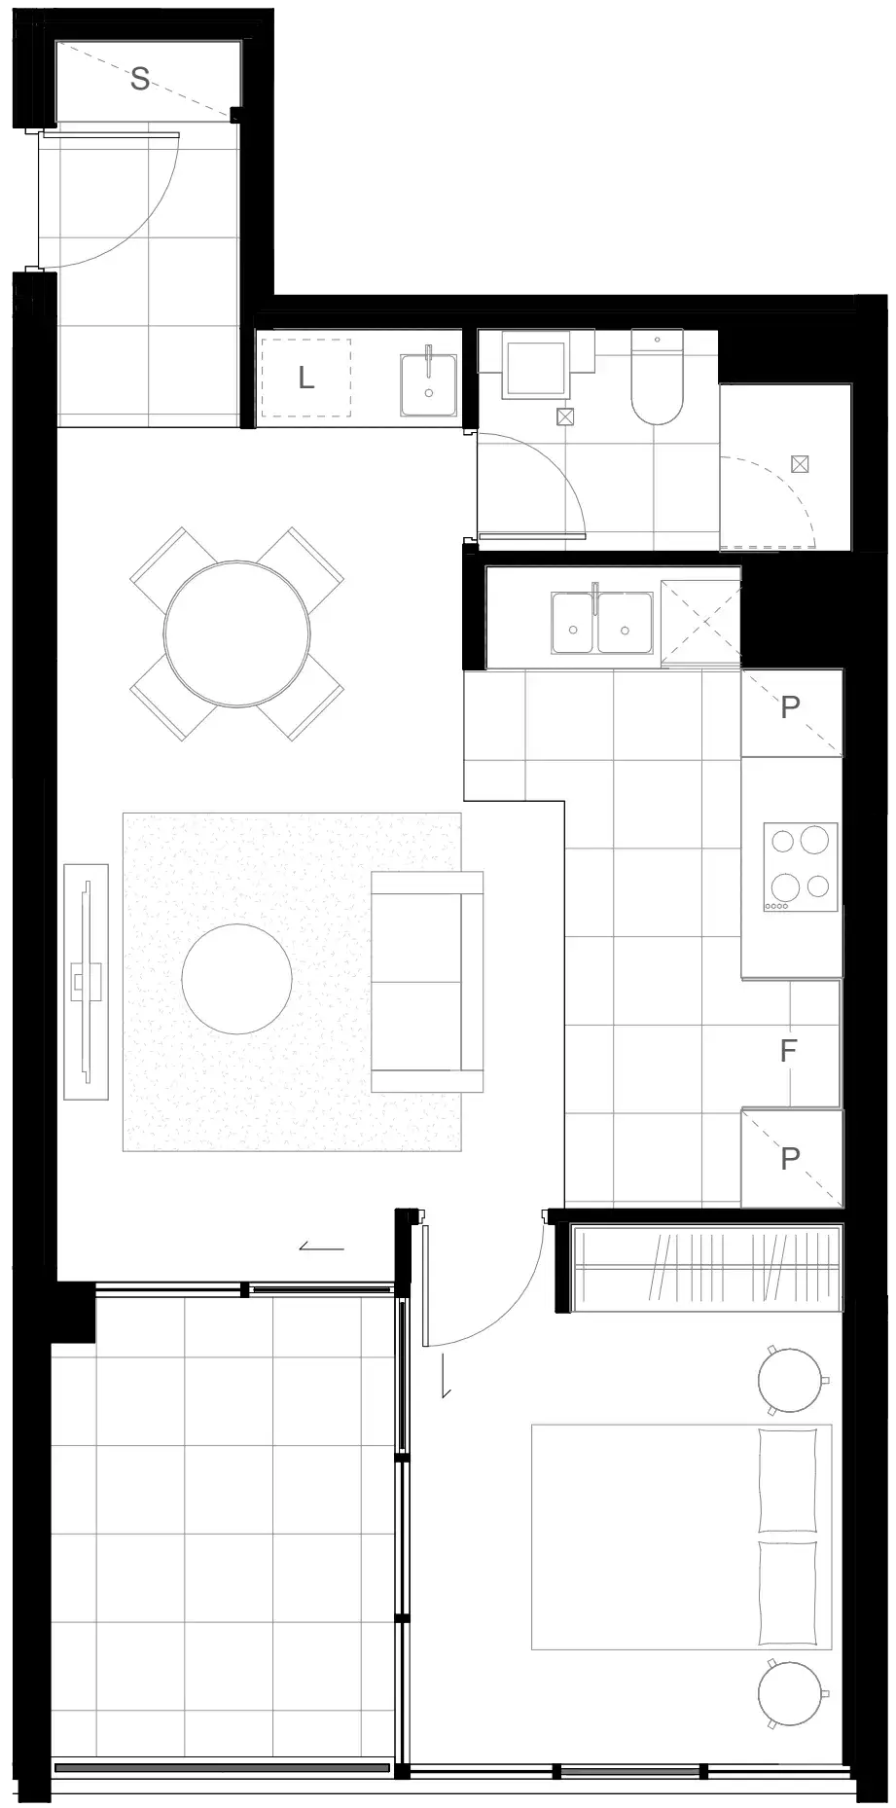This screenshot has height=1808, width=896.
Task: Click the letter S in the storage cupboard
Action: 140,79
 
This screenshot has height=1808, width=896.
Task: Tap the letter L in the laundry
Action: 305,378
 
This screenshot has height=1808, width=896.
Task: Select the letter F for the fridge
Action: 789,1050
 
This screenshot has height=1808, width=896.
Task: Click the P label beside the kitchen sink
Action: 790,706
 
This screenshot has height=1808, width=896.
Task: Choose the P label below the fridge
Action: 790,1158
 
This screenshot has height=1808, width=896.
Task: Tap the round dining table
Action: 237,633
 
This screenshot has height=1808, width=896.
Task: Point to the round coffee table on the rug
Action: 236,979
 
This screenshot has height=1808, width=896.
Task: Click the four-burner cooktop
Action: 800,867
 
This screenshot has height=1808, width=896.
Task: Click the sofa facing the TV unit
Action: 427,982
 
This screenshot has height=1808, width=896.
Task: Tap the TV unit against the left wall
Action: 87,981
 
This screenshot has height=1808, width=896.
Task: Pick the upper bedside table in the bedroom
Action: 792,1380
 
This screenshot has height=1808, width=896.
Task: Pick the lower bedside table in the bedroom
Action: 792,1694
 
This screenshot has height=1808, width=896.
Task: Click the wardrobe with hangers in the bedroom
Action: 706,1268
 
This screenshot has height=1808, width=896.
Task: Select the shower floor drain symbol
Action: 800,464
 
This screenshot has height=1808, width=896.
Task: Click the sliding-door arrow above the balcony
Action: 321,1247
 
